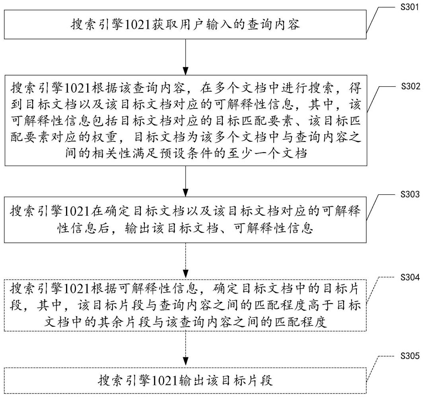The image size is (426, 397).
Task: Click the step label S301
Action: [x=410, y=7]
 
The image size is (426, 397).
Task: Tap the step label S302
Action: [x=410, y=86]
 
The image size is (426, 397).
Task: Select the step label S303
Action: [x=410, y=194]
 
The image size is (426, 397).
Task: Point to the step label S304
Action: [x=410, y=277]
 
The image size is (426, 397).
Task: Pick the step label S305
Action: [x=410, y=356]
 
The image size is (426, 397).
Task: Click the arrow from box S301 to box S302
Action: [x=186, y=57]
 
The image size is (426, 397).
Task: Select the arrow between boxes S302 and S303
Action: [x=186, y=181]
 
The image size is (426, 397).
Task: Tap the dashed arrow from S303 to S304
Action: [x=186, y=261]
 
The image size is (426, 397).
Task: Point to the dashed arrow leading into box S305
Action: [x=186, y=349]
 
